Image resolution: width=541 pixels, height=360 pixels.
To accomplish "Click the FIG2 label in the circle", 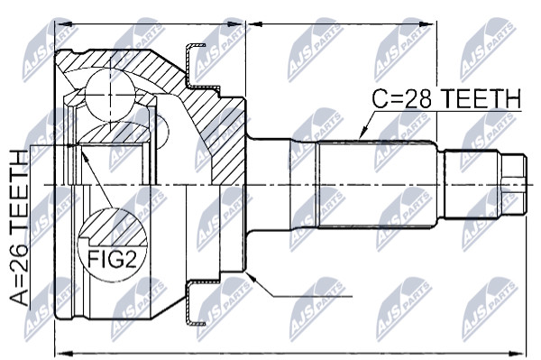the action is pos(112,259).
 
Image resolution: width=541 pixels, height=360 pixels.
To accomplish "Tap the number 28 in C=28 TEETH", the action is pos(417,98).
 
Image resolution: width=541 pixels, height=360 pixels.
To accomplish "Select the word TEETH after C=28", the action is pos(481,98).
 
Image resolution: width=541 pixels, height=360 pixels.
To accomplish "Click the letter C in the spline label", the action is pos(381,98).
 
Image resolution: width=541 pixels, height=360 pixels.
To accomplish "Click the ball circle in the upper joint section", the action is pos(110,95).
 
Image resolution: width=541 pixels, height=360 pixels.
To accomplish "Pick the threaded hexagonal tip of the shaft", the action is pos(513,185).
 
